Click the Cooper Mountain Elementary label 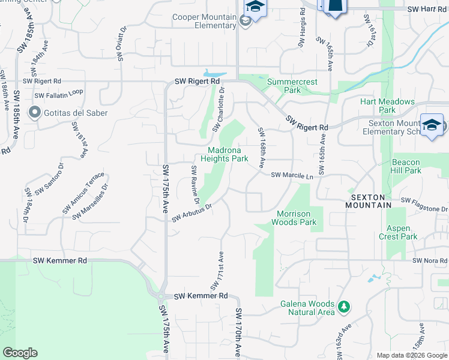[204, 21]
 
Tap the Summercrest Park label [292, 86]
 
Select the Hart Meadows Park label [387, 106]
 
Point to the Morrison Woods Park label [297, 218]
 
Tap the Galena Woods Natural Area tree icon [344, 307]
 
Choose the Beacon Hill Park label [414, 166]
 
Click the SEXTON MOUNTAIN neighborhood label [368, 200]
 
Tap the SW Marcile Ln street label [292, 176]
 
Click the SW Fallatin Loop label [58, 95]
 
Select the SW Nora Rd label [430, 260]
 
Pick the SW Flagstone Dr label [424, 205]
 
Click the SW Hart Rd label [427, 10]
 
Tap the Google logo [20, 353]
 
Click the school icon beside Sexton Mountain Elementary [432, 125]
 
